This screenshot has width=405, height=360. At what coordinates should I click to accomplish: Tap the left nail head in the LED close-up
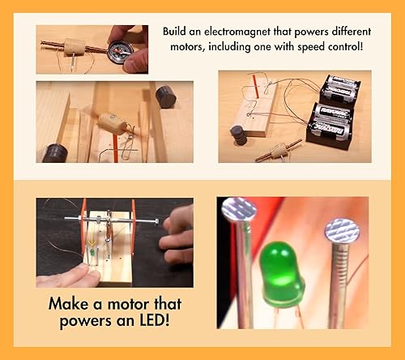click(239, 211)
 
